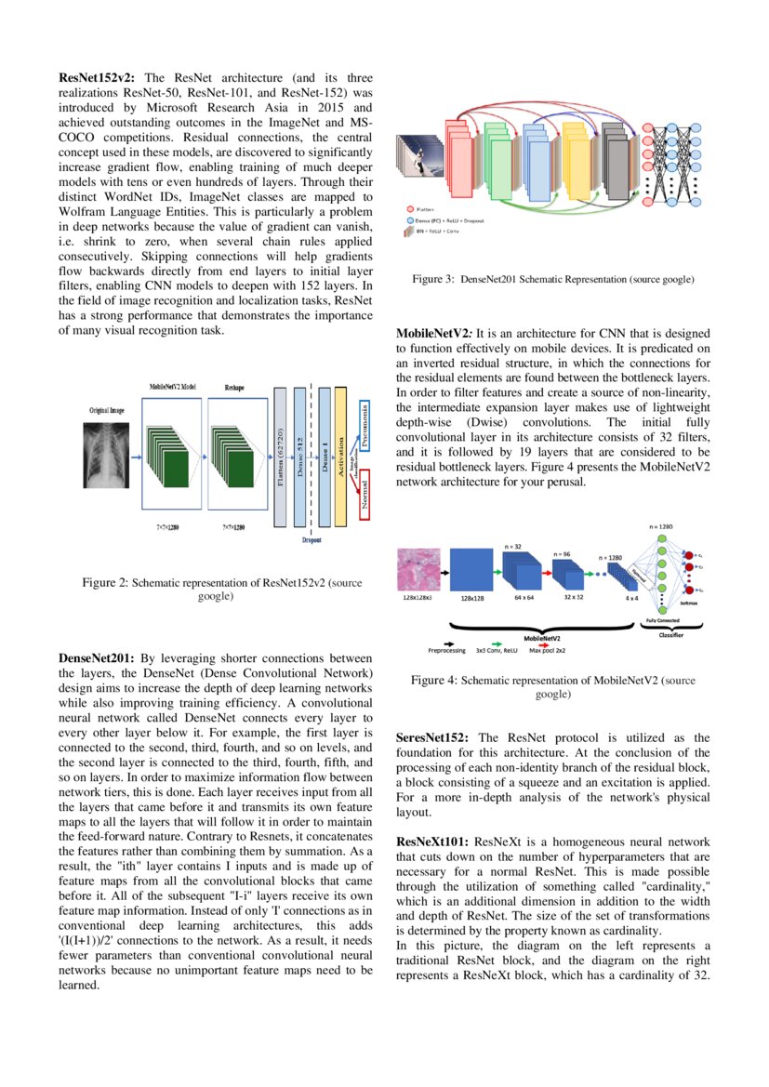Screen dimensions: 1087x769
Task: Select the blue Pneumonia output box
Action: pyautogui.click(x=365, y=427)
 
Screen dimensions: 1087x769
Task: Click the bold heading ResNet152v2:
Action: pyautogui.click(x=99, y=78)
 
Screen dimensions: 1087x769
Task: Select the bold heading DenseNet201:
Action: pyautogui.click(x=97, y=658)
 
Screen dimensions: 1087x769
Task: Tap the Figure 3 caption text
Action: pyautogui.click(x=553, y=279)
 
